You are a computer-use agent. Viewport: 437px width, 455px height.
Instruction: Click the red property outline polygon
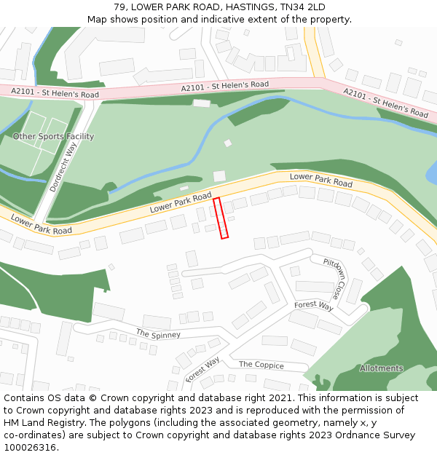221,218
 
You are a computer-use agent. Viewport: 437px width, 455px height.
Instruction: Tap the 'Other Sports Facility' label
53,136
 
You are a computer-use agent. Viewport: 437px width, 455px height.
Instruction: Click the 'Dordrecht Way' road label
63,167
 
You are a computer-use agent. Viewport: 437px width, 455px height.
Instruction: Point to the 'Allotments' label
381,368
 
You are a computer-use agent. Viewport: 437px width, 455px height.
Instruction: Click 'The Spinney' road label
158,334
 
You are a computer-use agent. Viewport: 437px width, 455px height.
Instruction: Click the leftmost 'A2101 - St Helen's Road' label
55,93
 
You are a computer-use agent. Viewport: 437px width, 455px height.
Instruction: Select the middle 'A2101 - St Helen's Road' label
224,87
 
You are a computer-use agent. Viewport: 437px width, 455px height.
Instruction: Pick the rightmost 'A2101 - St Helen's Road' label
385,103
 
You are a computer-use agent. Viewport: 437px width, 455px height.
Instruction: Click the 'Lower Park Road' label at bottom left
41,224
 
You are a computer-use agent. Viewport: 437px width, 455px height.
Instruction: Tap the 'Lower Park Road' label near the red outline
181,202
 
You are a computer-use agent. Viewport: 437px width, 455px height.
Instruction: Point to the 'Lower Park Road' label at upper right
320,178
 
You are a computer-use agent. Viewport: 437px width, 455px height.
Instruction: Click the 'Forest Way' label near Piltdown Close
313,306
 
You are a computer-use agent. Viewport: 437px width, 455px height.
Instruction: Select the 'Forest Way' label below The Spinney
202,369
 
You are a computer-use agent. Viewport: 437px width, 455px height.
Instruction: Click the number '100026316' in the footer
30,447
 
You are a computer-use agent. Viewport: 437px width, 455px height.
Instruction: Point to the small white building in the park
219,176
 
